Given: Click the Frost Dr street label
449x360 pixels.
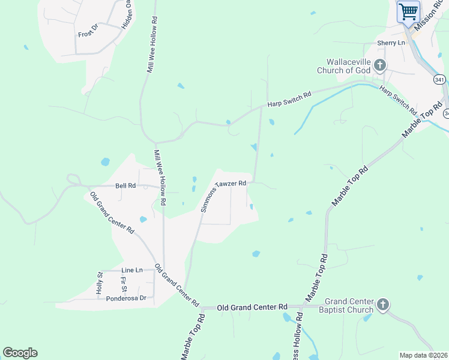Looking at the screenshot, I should click(87, 31).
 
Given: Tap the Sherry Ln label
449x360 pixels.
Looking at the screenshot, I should click(391, 43).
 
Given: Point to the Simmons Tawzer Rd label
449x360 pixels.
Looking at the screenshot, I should click(223, 196).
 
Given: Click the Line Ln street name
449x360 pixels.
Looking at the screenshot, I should click(131, 270).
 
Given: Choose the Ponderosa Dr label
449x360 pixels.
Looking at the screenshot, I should click(126, 298).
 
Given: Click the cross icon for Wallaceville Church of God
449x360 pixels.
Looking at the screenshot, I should click(379, 65).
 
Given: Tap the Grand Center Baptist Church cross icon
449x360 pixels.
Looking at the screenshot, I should click(382, 305).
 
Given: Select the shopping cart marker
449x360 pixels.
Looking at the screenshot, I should click(408, 12).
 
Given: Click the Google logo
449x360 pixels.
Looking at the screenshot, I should click(20, 353).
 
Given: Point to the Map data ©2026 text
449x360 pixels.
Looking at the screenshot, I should click(423, 355).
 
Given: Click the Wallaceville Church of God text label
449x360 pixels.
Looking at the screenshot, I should click(348, 66).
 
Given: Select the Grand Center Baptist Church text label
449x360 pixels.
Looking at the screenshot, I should click(349, 305).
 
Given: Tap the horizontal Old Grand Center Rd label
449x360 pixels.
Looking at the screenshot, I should click(252, 307).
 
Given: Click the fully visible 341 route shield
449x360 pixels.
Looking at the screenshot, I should click(440, 79).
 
